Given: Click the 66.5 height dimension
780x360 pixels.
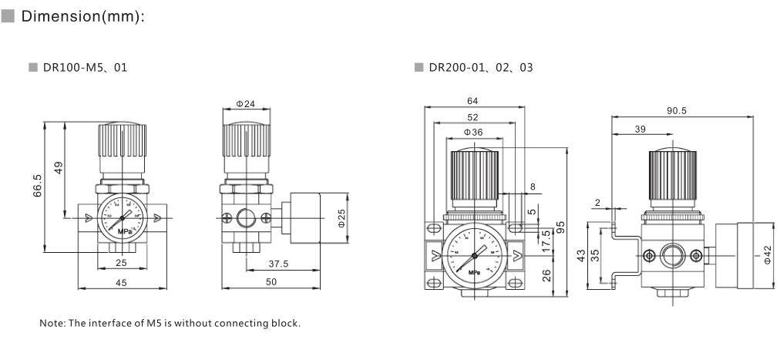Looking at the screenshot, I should coord(37,186).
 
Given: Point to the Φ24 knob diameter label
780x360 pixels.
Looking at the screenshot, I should coord(245,103).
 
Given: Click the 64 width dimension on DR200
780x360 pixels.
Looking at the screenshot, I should coord(472,102).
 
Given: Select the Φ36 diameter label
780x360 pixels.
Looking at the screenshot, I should coord(472,132).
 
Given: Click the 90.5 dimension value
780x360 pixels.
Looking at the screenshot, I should coord(677,111).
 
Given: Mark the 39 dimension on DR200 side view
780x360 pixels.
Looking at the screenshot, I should coord(640,130).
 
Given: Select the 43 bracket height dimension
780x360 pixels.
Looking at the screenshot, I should coord(580,255).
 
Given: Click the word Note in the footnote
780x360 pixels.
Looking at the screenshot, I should coord(51,323).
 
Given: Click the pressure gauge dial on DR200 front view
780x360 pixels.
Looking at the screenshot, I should coord(472,254).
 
